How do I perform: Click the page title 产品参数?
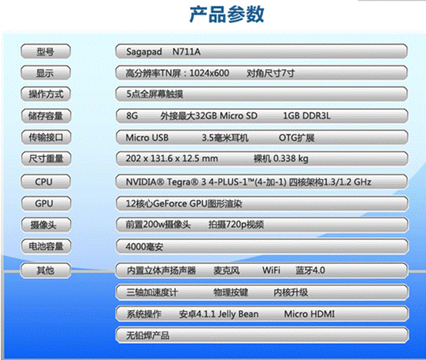point(227,14)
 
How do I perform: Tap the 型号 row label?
point(45,52)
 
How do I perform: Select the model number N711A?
point(186,52)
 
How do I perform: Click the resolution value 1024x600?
point(209,73)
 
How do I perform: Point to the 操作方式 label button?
point(45,94)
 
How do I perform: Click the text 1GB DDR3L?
point(307,116)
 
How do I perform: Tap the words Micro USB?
point(147,138)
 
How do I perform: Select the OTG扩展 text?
point(297,138)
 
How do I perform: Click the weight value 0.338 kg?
point(291,158)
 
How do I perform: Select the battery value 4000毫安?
point(145,247)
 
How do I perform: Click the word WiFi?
point(271,270)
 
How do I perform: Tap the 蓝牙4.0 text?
point(310,270)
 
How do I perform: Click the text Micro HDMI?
point(309,314)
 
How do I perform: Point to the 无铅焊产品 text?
point(148,335)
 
